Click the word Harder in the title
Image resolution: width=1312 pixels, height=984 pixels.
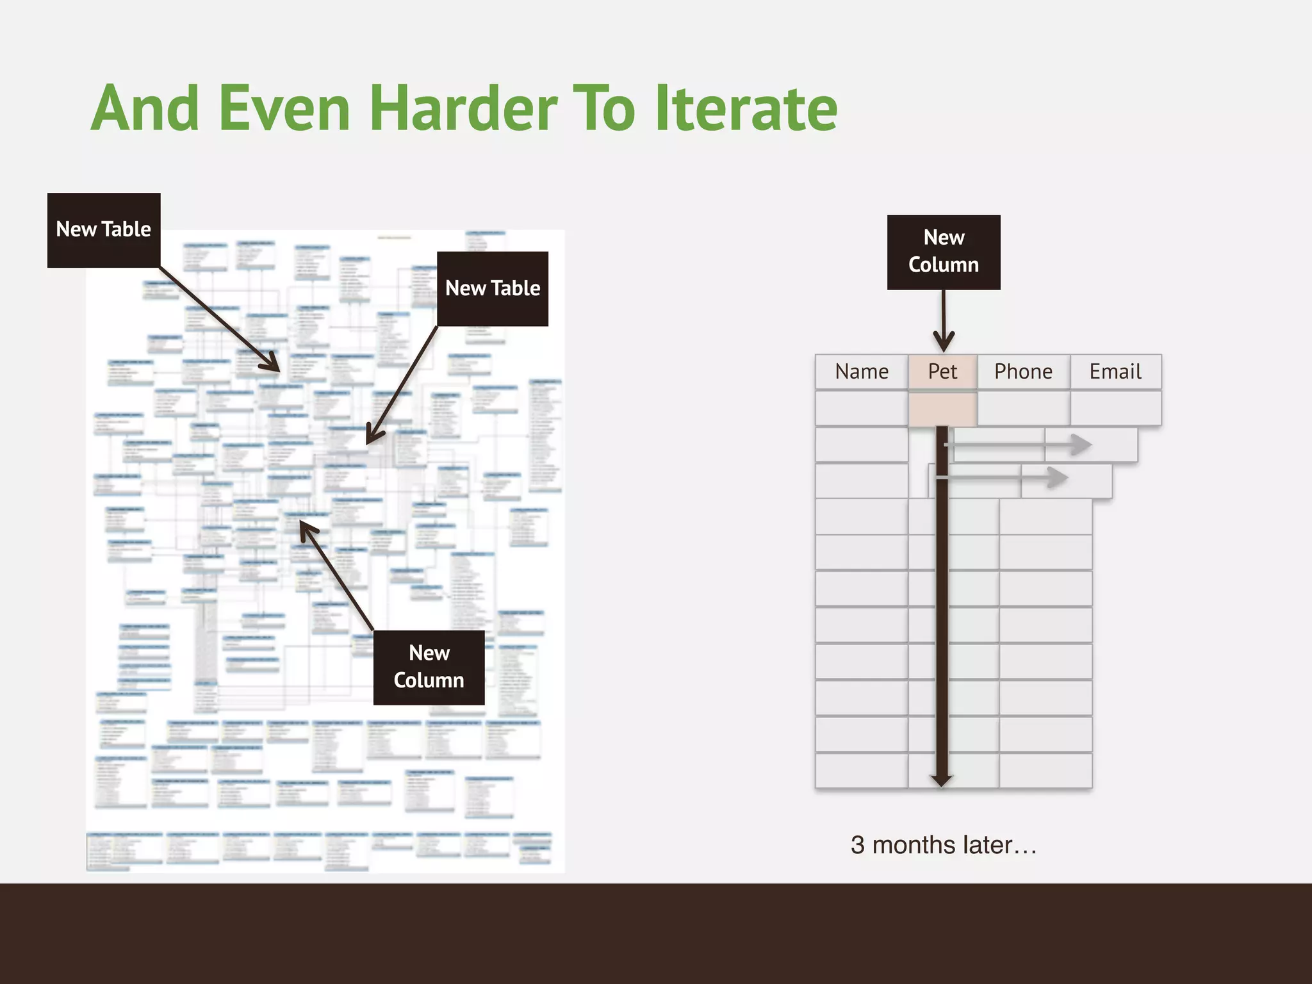tap(463, 109)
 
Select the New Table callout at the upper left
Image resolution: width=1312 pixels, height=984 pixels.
tap(104, 230)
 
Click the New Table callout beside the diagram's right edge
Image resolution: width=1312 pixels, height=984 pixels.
tap(493, 289)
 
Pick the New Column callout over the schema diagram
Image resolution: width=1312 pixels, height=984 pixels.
tap(429, 668)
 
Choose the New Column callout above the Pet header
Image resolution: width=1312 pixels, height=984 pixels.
tap(944, 252)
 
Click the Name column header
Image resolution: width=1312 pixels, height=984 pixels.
tap(862, 372)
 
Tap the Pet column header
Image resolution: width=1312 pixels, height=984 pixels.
tap(942, 372)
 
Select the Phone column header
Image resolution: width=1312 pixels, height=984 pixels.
tap(1023, 372)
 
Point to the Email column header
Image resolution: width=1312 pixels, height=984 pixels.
tap(1115, 372)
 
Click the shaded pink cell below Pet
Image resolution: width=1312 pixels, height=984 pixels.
tap(942, 408)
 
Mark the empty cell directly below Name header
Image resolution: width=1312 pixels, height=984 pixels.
tap(862, 408)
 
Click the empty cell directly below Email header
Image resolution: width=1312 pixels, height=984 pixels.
tap(1115, 408)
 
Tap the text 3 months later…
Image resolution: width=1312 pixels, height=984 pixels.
tap(944, 845)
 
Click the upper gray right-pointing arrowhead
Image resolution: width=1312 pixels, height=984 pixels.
tap(1081, 444)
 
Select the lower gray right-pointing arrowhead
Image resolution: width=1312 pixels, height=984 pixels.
tap(1057, 477)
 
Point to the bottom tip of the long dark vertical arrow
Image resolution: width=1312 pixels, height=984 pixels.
tap(942, 782)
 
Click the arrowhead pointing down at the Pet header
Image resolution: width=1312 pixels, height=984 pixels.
tap(944, 342)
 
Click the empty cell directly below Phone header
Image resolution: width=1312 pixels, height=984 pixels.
tap(1023, 408)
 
